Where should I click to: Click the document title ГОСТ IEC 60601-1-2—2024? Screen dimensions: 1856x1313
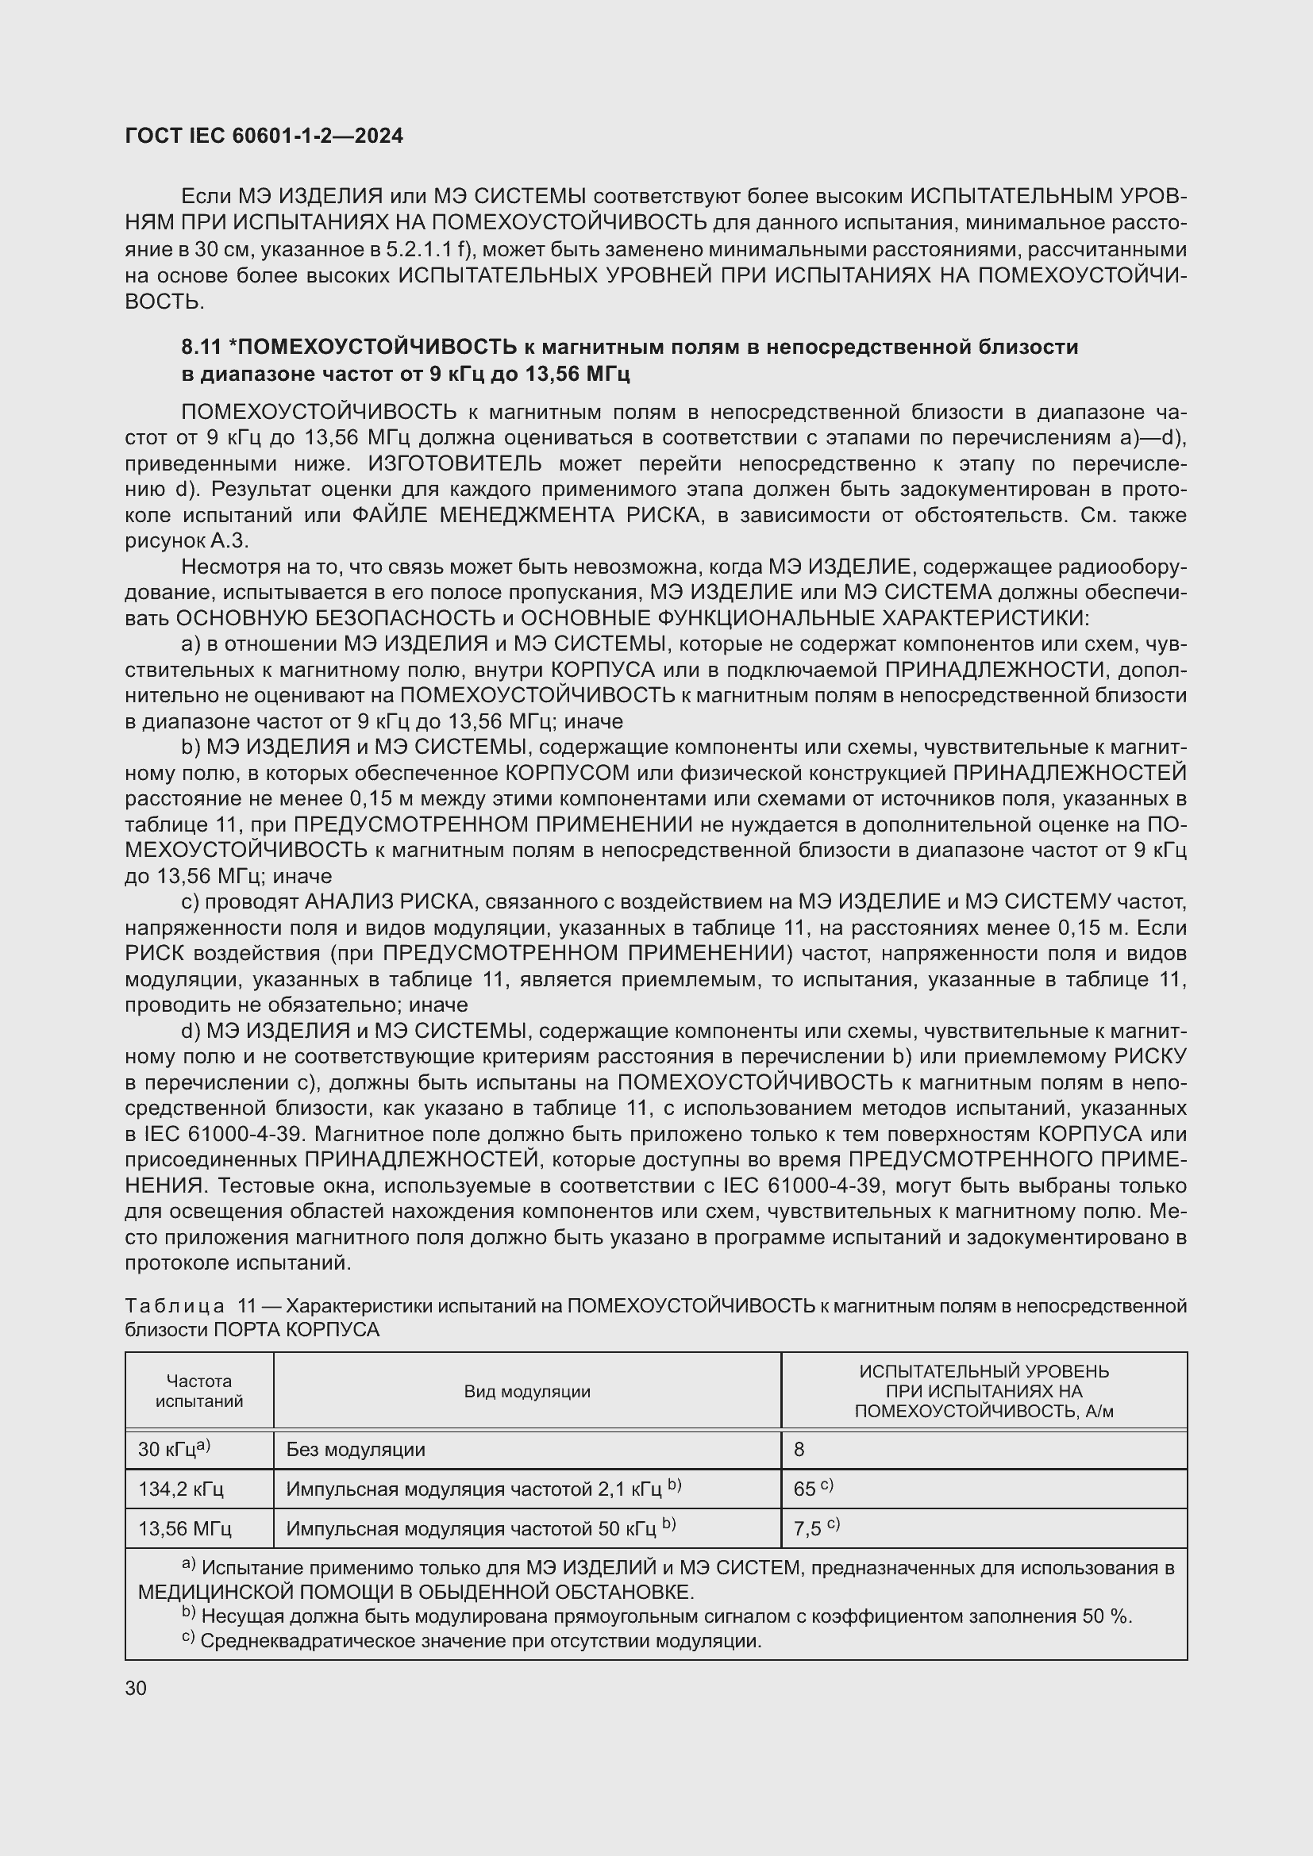click(264, 136)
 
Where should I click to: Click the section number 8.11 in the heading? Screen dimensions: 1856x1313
click(202, 347)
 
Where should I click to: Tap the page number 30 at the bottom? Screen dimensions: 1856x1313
click(136, 1689)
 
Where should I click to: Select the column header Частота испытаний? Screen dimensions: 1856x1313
click(199, 1391)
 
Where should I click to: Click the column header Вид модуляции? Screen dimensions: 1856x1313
click(527, 1391)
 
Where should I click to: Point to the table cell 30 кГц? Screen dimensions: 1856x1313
click(173, 1450)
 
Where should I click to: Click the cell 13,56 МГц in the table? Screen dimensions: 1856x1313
click(184, 1528)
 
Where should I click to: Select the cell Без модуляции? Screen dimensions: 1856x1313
click(356, 1450)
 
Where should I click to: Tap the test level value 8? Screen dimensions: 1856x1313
click(799, 1450)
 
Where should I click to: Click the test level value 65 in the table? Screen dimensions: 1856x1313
click(805, 1489)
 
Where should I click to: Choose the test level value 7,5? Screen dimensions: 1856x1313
click(807, 1528)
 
